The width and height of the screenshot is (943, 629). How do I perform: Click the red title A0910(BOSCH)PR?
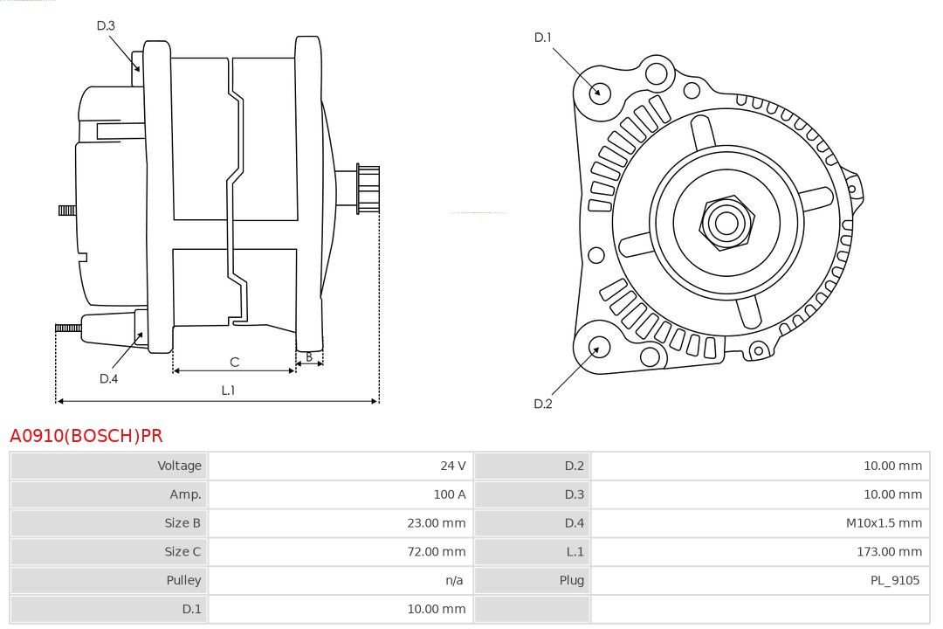click(86, 435)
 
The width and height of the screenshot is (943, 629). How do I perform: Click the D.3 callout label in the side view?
click(106, 25)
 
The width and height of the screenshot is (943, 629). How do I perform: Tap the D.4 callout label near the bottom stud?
click(108, 378)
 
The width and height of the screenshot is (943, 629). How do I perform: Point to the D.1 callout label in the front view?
click(542, 38)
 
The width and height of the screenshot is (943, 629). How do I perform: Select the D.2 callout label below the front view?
click(542, 404)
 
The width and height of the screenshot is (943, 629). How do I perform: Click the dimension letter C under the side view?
click(235, 362)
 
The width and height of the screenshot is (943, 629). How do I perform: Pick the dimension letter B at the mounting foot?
click(309, 357)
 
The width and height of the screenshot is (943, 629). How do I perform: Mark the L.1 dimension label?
click(228, 390)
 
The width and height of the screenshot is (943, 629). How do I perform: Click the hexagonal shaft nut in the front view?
click(726, 223)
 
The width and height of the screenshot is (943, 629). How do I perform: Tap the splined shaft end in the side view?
click(368, 189)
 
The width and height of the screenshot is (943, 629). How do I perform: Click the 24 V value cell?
click(453, 466)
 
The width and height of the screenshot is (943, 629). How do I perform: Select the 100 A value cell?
click(450, 494)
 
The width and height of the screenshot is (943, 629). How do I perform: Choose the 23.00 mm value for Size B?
click(436, 523)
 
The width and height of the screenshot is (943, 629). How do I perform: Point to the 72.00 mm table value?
click(436, 551)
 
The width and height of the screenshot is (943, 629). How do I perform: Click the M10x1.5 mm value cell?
click(884, 523)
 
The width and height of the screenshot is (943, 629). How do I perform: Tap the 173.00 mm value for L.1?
click(889, 551)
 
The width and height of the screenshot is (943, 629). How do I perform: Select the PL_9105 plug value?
click(895, 580)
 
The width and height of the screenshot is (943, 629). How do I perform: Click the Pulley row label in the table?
click(183, 580)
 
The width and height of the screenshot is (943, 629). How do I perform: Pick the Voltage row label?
click(179, 466)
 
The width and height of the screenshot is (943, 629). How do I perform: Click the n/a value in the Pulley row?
click(454, 580)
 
